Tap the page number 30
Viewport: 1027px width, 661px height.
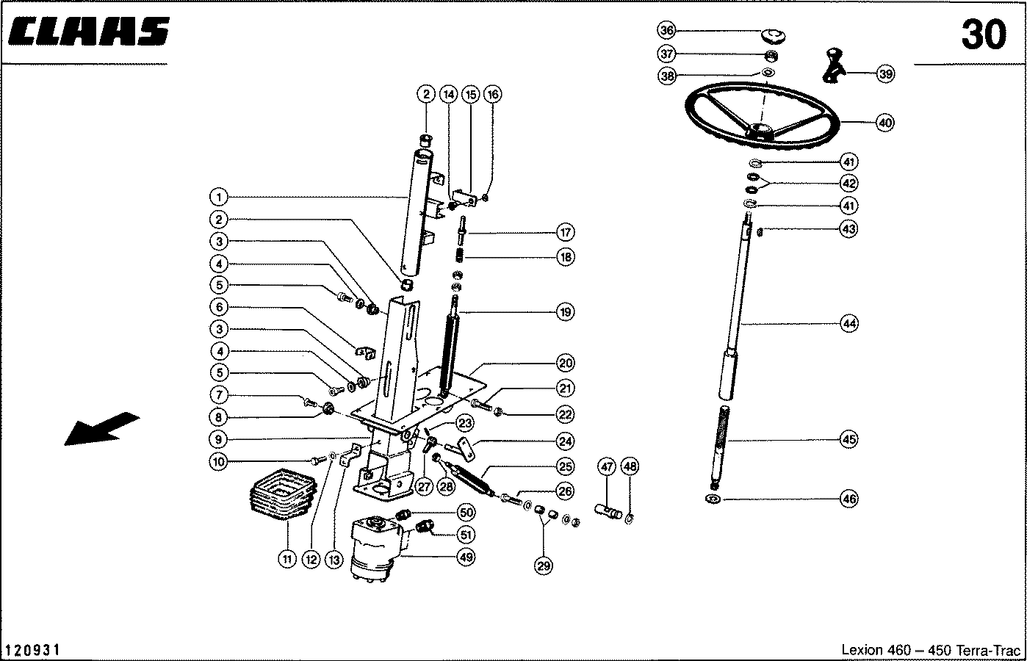982,35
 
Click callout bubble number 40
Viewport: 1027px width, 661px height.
885,123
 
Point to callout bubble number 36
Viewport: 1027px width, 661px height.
666,31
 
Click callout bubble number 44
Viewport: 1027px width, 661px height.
849,323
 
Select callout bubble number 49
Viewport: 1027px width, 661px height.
466,557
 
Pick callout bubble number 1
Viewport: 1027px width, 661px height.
218,197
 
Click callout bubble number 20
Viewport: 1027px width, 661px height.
566,363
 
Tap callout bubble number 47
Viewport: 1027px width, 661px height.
606,466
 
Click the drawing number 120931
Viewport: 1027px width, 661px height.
32,650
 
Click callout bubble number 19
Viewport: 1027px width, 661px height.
565,312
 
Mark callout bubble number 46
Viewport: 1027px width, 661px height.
849,499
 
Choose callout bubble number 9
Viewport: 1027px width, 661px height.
218,440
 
